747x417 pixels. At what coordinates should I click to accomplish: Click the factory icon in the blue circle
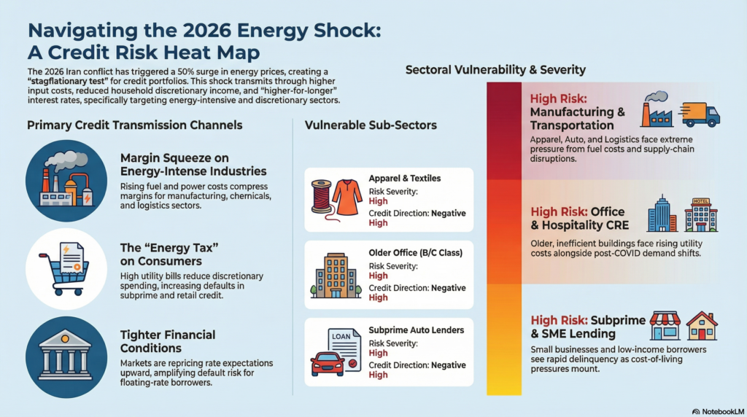66,181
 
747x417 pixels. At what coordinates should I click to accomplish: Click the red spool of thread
322,198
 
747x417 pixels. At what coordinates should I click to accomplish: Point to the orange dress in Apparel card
347,198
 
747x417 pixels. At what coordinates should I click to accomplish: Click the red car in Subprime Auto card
328,365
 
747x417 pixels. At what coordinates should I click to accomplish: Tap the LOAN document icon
345,348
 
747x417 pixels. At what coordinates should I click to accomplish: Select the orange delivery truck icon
700,114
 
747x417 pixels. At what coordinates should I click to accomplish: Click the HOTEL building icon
701,215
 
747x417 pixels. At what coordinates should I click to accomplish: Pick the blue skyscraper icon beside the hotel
662,214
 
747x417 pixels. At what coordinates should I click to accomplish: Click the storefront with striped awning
665,326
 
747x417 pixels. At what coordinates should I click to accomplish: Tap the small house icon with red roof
702,326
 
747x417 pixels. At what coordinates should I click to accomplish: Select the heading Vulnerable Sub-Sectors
371,125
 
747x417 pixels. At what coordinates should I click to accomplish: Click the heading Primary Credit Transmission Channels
135,125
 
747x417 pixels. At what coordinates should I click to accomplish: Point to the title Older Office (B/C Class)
415,253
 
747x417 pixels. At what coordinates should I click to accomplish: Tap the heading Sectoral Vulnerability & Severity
495,70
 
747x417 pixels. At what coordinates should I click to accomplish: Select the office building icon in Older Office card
336,276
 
